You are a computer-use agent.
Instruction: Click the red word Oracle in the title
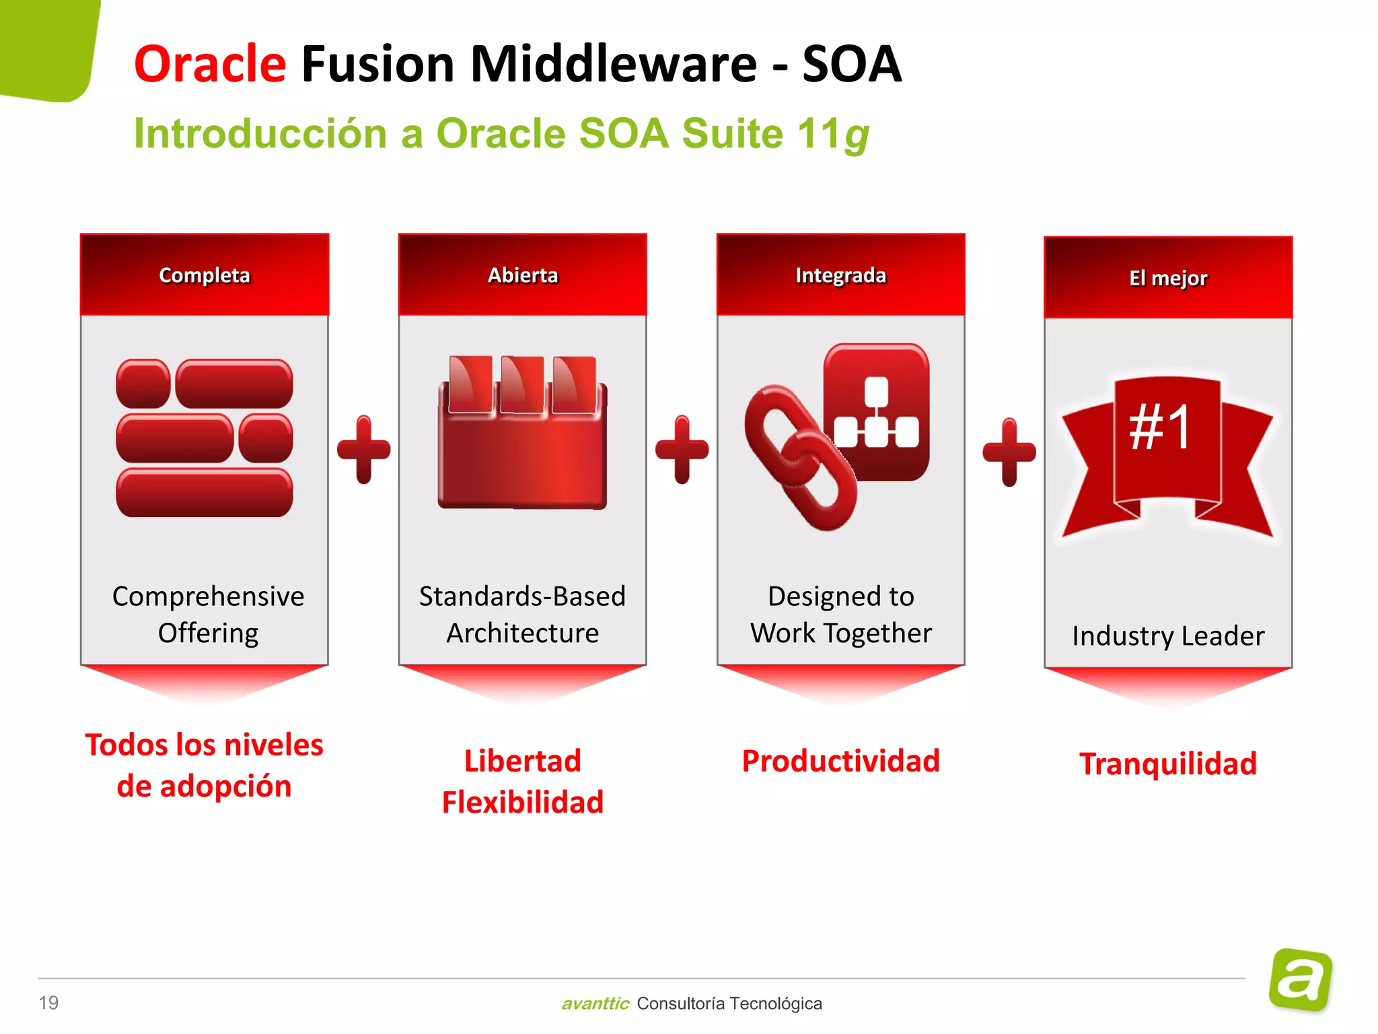pos(210,65)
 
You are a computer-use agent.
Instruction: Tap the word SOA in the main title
pos(851,65)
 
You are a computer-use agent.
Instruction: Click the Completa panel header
pos(205,275)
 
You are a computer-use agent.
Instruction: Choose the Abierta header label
pos(523,275)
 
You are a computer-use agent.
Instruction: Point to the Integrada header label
pos(840,275)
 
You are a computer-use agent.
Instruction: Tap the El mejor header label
pos(1168,278)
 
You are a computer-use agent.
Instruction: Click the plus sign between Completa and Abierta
pos(363,449)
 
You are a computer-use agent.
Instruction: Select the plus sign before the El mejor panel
pos(1009,452)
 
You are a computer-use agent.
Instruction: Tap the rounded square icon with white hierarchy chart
pos(877,412)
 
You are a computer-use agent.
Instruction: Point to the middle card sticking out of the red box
pos(522,384)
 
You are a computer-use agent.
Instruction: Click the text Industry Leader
pos(1168,635)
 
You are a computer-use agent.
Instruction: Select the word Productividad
pos(840,761)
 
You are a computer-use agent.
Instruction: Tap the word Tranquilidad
pos(1168,764)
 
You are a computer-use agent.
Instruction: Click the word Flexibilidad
pos(523,802)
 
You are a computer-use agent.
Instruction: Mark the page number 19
pos(48,1002)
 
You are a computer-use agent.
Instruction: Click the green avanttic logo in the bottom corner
pos(1300,979)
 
